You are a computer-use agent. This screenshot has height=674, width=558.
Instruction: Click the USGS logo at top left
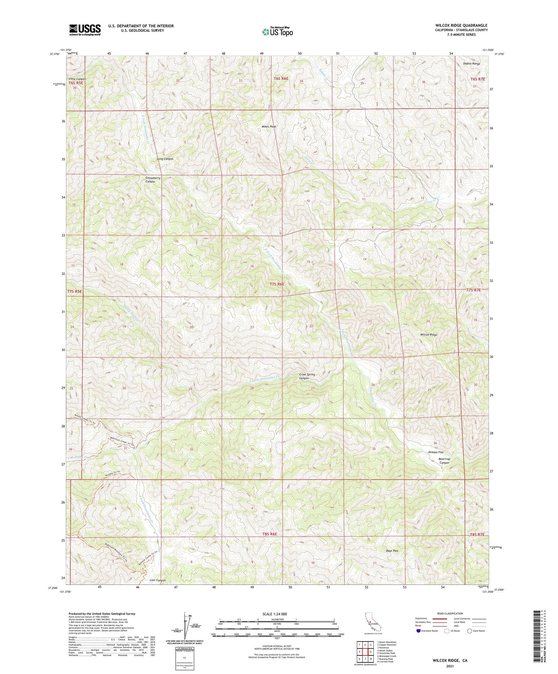coord(85,30)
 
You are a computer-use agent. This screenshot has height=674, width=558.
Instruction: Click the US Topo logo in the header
coord(277,32)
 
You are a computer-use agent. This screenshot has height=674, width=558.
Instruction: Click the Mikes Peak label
coord(269,127)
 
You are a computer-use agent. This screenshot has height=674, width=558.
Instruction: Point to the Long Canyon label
coord(165,159)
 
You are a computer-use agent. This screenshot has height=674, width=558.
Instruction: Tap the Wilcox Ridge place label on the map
coord(429,335)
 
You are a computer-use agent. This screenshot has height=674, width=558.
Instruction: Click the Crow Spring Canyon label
coord(307,376)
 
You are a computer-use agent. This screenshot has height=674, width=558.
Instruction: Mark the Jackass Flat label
coord(436,452)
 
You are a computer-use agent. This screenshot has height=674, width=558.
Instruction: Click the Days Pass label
coord(392,551)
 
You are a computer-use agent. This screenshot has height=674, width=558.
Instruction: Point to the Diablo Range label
coord(472,64)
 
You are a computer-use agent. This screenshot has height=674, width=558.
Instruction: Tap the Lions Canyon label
coord(77,79)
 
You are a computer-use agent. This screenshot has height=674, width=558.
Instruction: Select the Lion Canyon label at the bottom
coord(158,580)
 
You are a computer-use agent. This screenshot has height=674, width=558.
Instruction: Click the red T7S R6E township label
coord(276,284)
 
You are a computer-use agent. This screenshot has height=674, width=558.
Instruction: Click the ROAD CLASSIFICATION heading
coord(450,613)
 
